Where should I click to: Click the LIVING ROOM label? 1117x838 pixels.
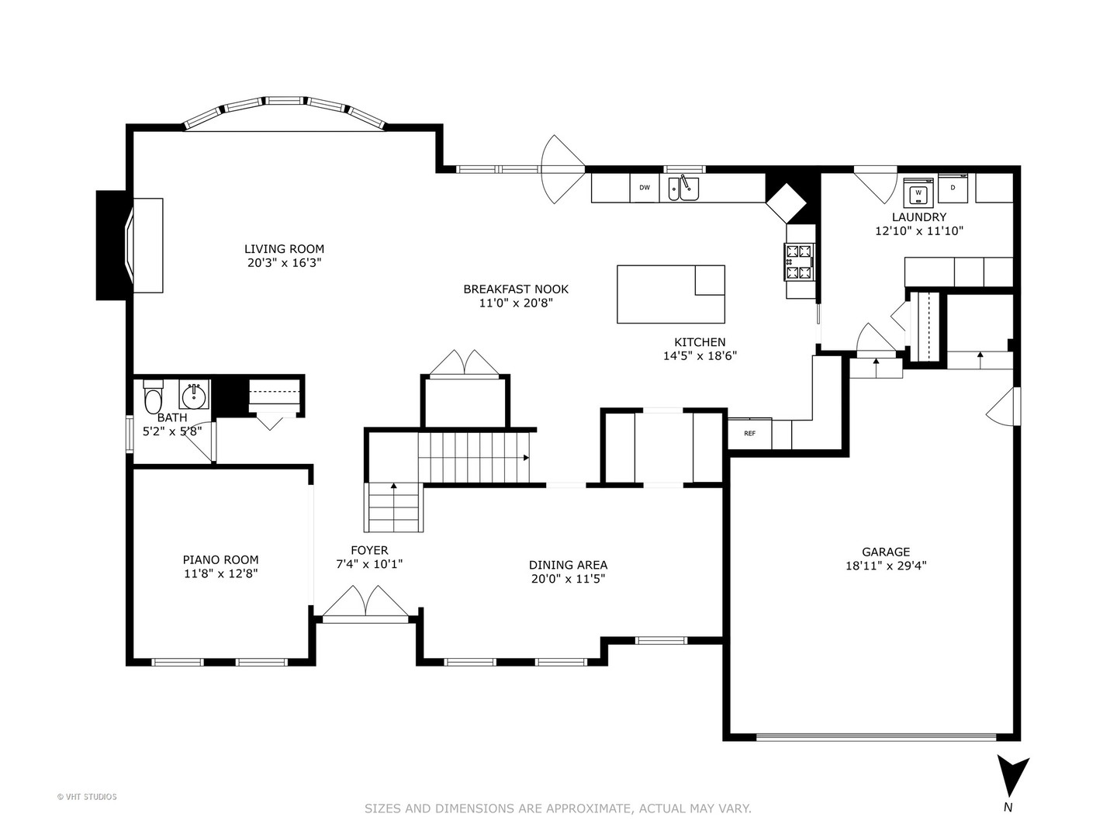(x=284, y=249)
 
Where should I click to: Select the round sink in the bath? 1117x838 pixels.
(x=193, y=396)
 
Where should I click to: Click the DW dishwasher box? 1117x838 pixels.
(x=644, y=188)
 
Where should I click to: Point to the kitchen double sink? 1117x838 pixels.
(x=683, y=189)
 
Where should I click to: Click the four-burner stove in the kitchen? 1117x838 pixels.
(x=801, y=261)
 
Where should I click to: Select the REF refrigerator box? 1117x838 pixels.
(x=749, y=433)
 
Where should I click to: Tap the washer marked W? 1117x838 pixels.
(x=918, y=192)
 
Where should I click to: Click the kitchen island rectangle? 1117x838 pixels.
(x=670, y=294)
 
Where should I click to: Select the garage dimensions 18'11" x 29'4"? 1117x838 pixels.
(x=886, y=566)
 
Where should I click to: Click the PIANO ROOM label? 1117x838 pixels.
(x=220, y=559)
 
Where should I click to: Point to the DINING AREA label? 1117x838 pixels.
(x=568, y=565)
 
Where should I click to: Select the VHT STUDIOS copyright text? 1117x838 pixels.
(x=87, y=796)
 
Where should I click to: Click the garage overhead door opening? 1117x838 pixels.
(x=876, y=736)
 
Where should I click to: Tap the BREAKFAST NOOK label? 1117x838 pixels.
(x=516, y=289)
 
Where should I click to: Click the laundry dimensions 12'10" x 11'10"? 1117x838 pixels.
(x=918, y=230)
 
